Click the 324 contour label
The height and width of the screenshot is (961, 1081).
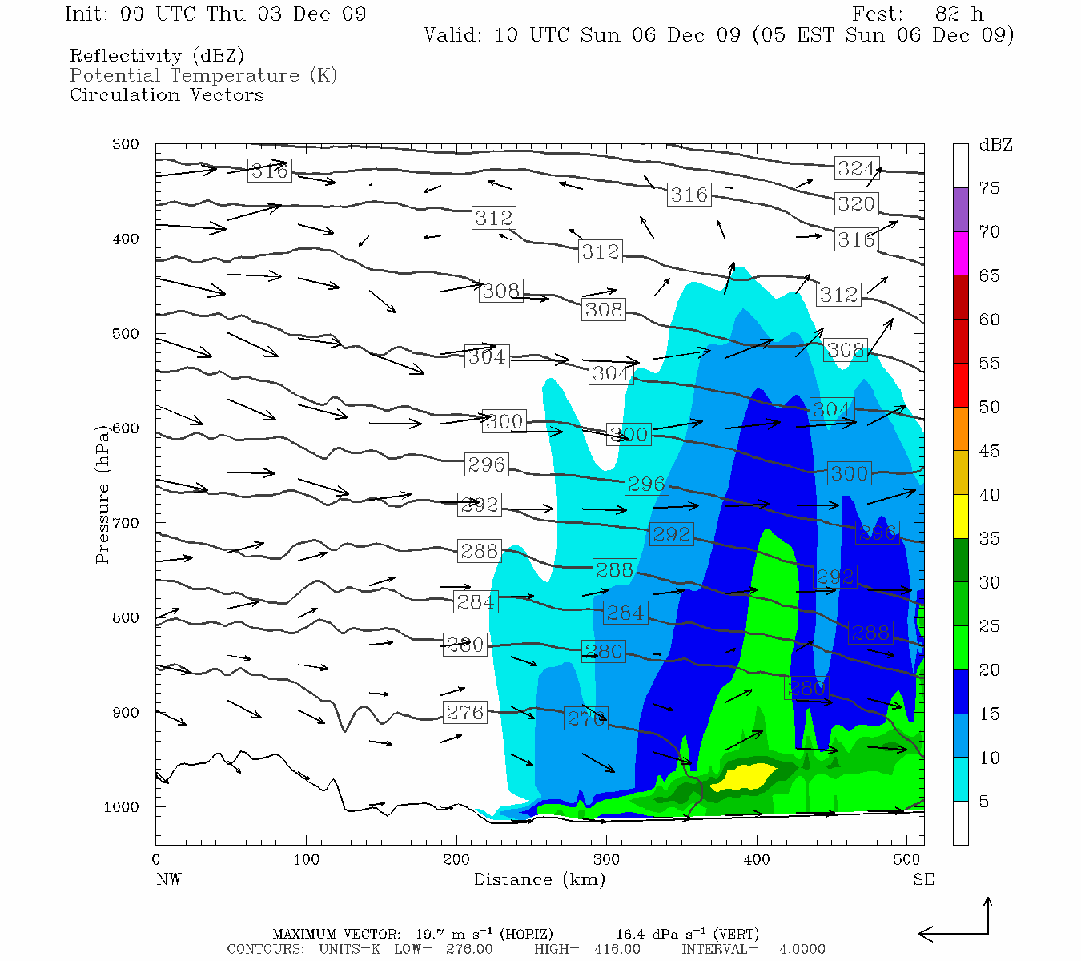[x=855, y=168]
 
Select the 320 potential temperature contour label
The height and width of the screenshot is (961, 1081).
[x=856, y=204]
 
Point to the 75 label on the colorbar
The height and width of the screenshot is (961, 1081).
[x=989, y=188]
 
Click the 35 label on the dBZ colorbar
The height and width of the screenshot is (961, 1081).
[x=989, y=539]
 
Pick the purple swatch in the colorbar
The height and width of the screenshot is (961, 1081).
[x=960, y=210]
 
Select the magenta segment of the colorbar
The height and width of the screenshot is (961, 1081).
[x=960, y=253]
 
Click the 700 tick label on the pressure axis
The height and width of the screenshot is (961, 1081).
[x=126, y=523]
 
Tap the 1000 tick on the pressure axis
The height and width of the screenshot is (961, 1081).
[x=122, y=807]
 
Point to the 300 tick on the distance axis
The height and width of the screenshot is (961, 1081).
[x=606, y=860]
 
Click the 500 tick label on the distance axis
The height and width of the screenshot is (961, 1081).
[x=906, y=860]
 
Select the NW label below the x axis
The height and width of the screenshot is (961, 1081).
[x=168, y=879]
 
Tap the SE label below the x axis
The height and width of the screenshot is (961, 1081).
[x=923, y=879]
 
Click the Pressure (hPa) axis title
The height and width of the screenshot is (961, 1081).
[x=102, y=494]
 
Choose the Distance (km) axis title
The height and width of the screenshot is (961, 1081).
[x=539, y=879]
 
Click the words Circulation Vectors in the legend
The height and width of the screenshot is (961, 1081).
[x=167, y=95]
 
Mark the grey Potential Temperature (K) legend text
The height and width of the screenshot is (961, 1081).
[x=203, y=76]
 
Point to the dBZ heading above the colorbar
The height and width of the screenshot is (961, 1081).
[x=995, y=145]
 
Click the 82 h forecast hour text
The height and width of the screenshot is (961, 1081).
[x=958, y=14]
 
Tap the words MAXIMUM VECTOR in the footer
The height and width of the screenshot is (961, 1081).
[x=336, y=934]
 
